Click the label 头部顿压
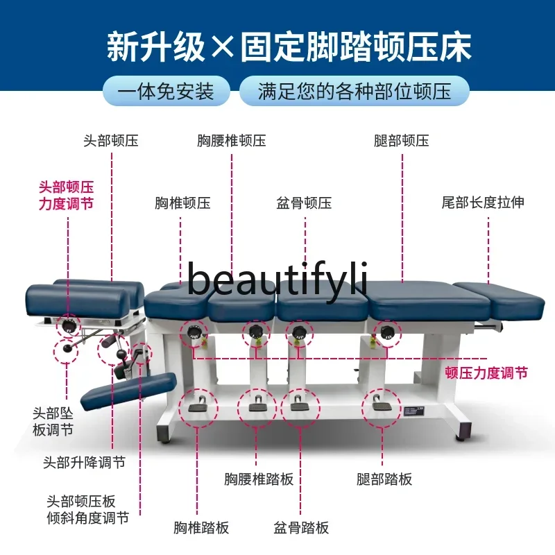click(111, 141)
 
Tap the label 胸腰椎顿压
click(232, 141)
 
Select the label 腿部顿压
click(402, 141)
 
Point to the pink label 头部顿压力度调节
click(66, 196)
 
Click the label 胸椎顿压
click(182, 203)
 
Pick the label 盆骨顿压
click(304, 203)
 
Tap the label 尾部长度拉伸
click(483, 203)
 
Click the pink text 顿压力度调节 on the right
click(486, 373)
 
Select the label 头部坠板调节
click(53, 421)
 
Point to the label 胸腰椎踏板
click(259, 479)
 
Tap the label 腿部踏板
click(384, 479)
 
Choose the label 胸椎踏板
click(201, 528)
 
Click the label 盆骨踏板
click(301, 528)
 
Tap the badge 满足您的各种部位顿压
click(354, 92)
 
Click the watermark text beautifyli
click(277, 279)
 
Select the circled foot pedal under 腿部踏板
click(381, 404)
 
